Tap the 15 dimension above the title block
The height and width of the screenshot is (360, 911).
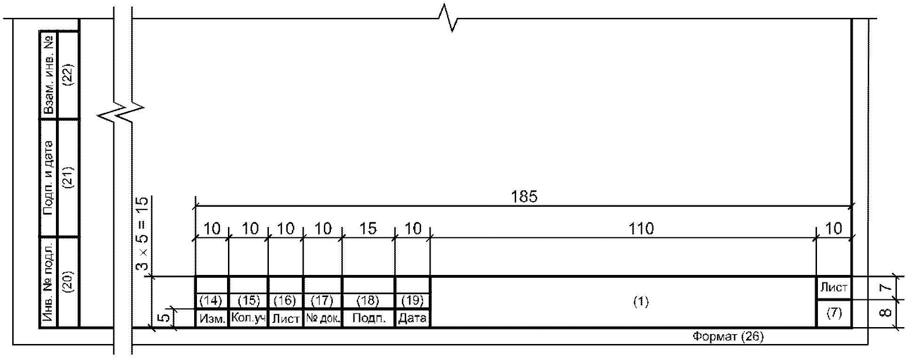(x=368, y=229)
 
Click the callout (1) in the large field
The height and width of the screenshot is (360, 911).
(x=641, y=302)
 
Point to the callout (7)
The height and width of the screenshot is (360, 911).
(x=834, y=313)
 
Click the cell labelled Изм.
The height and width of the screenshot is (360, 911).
(x=212, y=319)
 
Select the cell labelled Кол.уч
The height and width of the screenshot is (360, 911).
(x=249, y=319)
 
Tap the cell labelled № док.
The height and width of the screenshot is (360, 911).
(x=322, y=319)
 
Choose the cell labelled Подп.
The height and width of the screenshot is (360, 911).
(x=369, y=319)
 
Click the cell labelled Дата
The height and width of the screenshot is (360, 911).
(x=412, y=319)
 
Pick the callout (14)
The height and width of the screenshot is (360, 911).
(x=212, y=300)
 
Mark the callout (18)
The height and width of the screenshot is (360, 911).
(x=368, y=300)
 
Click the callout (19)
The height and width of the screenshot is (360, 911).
(x=412, y=300)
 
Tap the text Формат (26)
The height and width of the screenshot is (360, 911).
(x=728, y=337)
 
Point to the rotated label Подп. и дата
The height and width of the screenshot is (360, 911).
(x=48, y=178)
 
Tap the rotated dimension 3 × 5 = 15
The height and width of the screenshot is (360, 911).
(x=142, y=234)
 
